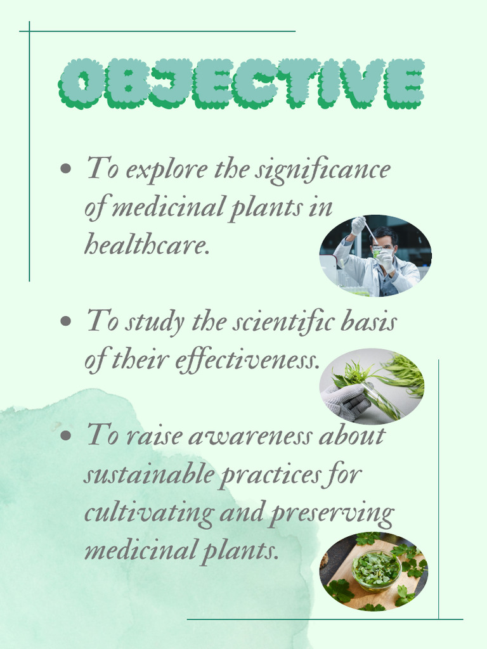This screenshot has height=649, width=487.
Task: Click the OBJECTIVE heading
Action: click(x=241, y=83)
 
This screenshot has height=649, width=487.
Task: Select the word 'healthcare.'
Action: click(x=146, y=244)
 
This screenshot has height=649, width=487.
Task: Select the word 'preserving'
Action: click(x=331, y=514)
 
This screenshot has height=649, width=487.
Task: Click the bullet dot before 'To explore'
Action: click(x=65, y=169)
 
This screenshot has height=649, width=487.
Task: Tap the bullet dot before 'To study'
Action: click(x=65, y=321)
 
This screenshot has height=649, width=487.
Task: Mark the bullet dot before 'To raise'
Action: click(x=65, y=435)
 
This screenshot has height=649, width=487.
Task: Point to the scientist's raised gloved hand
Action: click(x=358, y=224)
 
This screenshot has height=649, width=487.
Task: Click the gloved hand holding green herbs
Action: click(x=346, y=401)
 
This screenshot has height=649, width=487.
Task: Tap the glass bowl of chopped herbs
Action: click(x=376, y=569)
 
